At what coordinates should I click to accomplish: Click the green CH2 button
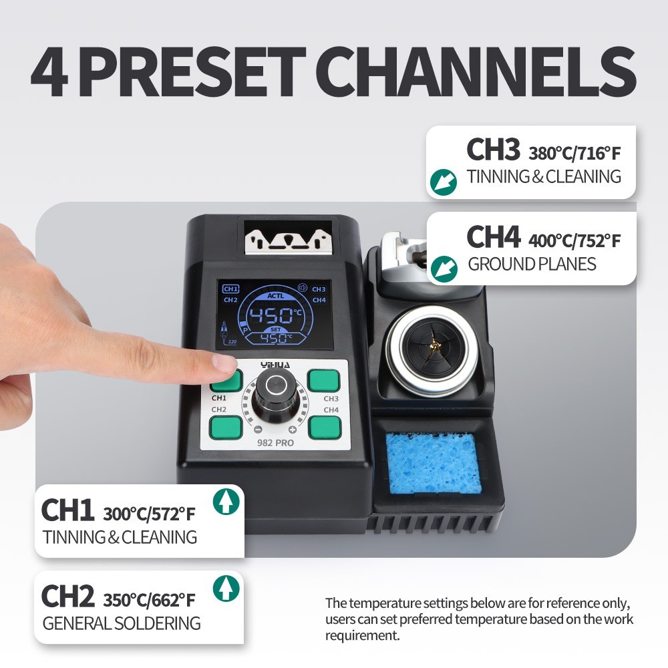click(x=225, y=426)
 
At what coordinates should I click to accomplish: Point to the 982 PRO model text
click(x=275, y=442)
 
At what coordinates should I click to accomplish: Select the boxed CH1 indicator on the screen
click(x=230, y=289)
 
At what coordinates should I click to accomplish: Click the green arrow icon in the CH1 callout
click(x=226, y=502)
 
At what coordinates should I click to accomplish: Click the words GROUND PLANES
click(x=532, y=264)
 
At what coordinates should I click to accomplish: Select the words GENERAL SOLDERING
click(x=122, y=623)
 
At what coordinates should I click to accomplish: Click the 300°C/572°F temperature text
click(x=150, y=514)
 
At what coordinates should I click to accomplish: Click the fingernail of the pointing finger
click(x=224, y=363)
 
